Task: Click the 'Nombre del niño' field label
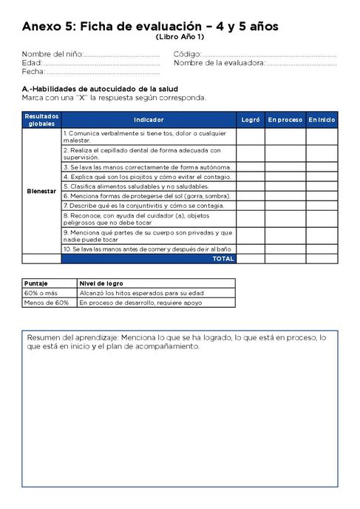click(52, 55)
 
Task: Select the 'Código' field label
click(186, 55)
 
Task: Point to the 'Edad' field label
click(32, 64)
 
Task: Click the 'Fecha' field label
click(33, 73)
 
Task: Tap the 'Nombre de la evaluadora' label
click(220, 64)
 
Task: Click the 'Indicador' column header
click(149, 119)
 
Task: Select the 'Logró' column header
click(251, 119)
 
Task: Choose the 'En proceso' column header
click(285, 119)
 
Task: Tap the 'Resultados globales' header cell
click(41, 119)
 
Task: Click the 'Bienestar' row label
click(41, 191)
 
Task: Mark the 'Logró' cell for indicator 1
click(251, 135)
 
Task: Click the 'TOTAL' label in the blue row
click(223, 259)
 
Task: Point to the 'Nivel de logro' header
click(101, 283)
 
